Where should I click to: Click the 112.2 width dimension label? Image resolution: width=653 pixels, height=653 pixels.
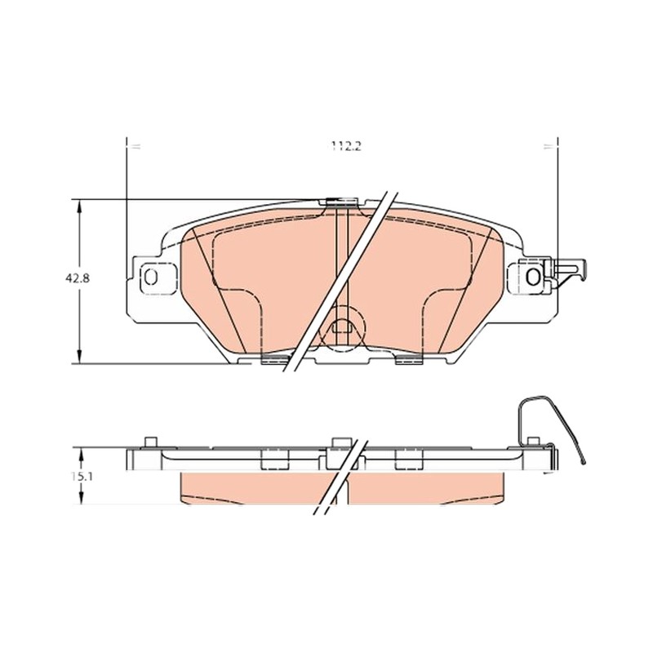coord(346,146)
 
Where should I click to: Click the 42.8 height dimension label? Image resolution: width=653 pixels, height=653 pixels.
coord(77,278)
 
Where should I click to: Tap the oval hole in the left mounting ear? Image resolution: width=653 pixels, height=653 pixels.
coord(150,277)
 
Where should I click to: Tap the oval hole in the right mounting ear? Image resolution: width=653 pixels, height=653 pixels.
coord(533,277)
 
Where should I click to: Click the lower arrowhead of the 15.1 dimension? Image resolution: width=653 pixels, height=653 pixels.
coord(81,498)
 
